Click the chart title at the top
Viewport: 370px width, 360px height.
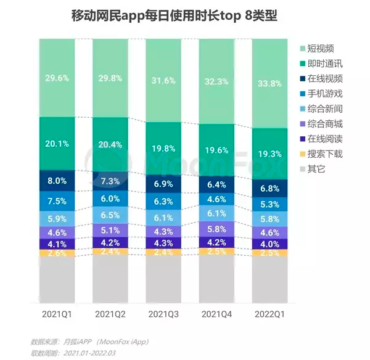coord(185,15)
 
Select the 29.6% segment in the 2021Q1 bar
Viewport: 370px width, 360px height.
coord(57,78)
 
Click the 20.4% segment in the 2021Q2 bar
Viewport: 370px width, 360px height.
coord(110,145)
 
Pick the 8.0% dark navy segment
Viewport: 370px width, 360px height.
coord(57,181)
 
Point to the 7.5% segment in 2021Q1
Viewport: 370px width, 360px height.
coord(57,200)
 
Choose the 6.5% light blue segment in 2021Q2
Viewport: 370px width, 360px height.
coord(110,215)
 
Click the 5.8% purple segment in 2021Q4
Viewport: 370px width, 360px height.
coord(217,229)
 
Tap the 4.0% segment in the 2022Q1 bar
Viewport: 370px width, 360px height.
coord(271,243)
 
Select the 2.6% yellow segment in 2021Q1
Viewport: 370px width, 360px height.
coord(57,253)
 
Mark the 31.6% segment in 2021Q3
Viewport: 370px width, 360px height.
coord(164,81)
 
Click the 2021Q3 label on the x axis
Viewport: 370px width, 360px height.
coord(164,314)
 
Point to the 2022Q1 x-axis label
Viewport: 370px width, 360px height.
coord(271,314)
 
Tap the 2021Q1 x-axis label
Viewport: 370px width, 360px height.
coord(57,314)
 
